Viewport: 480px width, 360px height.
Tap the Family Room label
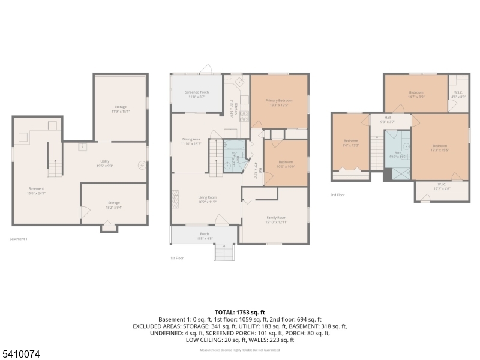coord(277,219)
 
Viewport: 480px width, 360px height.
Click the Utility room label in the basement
coord(105,163)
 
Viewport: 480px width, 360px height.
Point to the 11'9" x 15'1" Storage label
coord(120,109)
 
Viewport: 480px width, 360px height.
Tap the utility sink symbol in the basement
coord(82,146)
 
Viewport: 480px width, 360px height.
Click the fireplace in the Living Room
coord(176,199)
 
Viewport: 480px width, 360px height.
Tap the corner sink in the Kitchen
coord(239,81)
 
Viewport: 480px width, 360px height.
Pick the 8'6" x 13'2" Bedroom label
coord(350,143)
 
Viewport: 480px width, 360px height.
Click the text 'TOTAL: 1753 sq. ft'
coord(240,312)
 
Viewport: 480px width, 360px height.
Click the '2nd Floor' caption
coord(338,194)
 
